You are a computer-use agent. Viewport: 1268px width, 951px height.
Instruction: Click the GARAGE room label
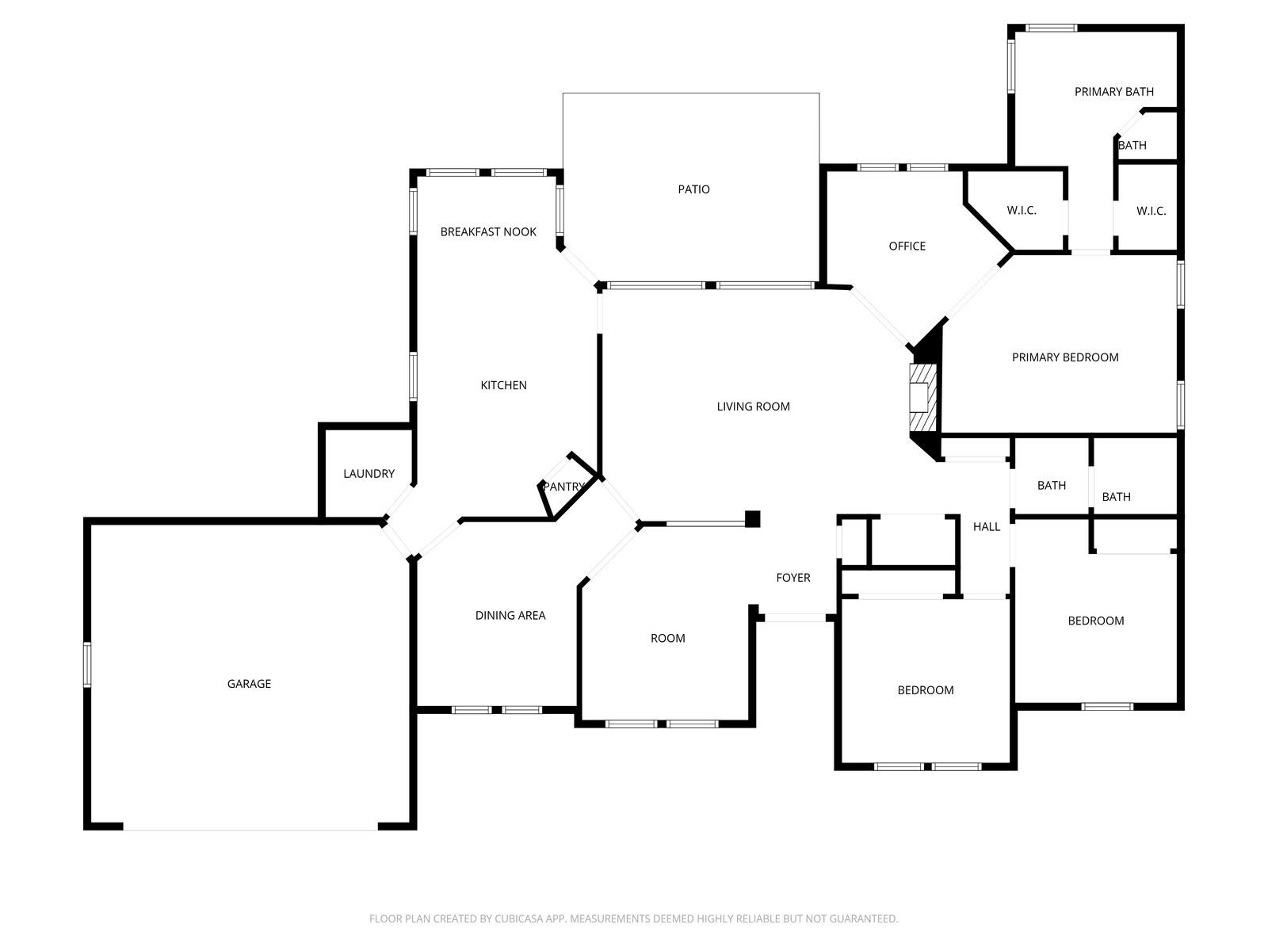click(x=249, y=684)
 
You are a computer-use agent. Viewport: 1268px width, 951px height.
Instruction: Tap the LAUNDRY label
click(x=369, y=473)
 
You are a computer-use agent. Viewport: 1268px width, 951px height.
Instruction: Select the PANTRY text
click(x=563, y=486)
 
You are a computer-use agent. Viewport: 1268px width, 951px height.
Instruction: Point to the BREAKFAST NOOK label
click(x=488, y=231)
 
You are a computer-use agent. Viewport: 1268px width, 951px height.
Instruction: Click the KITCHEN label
click(x=504, y=385)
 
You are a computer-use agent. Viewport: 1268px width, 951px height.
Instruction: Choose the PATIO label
click(x=693, y=189)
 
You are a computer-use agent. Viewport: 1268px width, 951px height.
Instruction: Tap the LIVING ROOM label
click(x=754, y=407)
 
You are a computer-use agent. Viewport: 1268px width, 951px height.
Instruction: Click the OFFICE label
click(x=907, y=246)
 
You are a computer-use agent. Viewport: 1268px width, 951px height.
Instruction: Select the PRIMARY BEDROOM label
click(x=1065, y=357)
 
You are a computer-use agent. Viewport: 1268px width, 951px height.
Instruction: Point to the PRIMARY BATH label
click(x=1113, y=91)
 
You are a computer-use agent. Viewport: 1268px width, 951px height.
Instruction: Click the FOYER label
click(x=793, y=578)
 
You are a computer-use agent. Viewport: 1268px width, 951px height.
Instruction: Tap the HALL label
click(x=987, y=526)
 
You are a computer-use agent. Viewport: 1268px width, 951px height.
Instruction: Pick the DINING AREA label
click(x=510, y=616)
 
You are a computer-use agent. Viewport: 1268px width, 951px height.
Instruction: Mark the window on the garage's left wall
click(x=87, y=665)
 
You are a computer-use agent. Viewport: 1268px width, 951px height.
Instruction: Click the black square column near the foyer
click(x=752, y=519)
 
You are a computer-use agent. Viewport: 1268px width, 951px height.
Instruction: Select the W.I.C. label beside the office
click(x=1022, y=210)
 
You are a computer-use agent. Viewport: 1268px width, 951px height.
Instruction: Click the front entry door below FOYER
click(x=795, y=618)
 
